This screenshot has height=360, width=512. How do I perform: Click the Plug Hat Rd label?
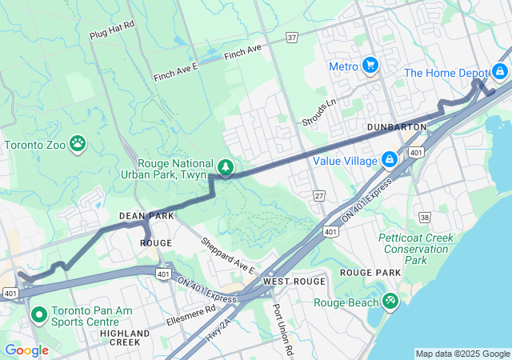coord(112,36)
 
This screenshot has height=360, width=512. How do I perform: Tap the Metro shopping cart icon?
coord(370,66)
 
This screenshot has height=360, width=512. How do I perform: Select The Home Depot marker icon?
coord(500,72)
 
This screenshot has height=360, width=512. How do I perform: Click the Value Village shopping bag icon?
coord(389,160)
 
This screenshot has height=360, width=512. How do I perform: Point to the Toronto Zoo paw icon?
coord(78,145)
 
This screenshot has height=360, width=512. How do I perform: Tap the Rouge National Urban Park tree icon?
coord(226,167)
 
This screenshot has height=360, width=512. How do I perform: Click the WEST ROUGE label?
coord(294,282)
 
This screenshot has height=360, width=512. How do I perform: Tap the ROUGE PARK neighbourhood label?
coord(370,273)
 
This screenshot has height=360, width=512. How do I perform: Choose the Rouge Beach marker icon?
coord(390,302)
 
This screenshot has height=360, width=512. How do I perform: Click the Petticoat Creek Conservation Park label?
coord(416,249)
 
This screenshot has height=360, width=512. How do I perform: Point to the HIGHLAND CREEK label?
coord(125,338)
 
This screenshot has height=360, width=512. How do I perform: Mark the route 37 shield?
coord(292,37)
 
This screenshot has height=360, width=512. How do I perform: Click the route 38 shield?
coord(424,217)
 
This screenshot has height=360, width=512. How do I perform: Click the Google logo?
coord(26,350)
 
